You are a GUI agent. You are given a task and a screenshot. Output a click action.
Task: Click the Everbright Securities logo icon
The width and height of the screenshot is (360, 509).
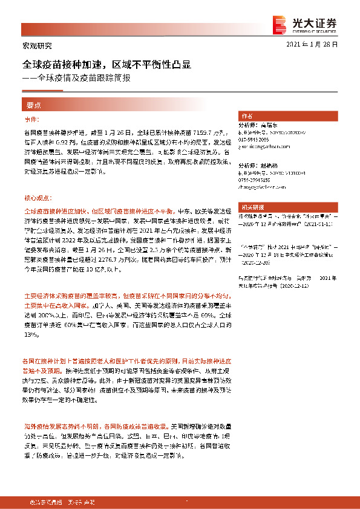tap(280, 23)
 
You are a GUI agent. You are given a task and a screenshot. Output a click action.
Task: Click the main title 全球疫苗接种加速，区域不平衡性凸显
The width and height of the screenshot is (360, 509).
tap(107, 64)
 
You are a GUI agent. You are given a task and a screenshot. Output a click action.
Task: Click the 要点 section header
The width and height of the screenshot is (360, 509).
tap(33, 105)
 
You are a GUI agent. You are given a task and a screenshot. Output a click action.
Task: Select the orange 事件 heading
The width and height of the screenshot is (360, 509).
tap(31, 120)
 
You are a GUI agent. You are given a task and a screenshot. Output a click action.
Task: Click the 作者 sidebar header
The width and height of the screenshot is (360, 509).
tap(247, 115)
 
